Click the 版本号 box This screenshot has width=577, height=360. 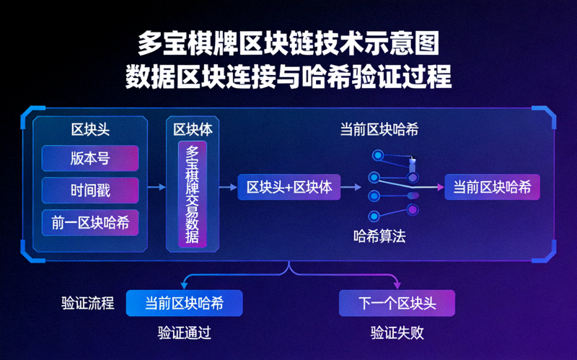(90, 158)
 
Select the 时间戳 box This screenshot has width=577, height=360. (90, 190)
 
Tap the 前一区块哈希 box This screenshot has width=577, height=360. (90, 223)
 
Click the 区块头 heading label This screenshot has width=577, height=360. (90, 129)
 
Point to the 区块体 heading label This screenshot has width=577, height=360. (193, 129)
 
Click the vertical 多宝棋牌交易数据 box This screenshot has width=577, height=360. (193, 195)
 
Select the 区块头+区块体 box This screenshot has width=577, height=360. (288, 188)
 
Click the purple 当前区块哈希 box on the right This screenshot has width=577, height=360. (492, 188)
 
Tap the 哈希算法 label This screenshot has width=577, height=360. (379, 235)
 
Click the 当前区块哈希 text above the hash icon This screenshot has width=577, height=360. (379, 130)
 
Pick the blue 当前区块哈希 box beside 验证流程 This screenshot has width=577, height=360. (184, 303)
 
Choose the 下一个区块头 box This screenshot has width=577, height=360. (397, 303)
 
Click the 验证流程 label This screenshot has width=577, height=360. (88, 303)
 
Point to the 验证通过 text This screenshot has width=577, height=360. (184, 333)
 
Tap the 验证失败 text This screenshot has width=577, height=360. (397, 333)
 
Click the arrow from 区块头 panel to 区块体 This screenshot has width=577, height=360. (156, 188)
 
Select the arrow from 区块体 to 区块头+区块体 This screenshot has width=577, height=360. (227, 188)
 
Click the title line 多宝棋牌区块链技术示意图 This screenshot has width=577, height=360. (288, 45)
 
